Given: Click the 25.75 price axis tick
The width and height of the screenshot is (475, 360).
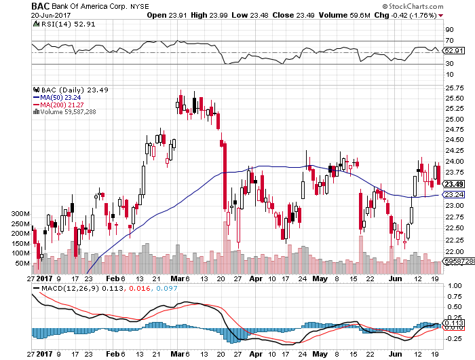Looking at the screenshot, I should click(x=453, y=88).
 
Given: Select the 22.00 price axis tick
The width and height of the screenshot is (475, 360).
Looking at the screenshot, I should click(x=453, y=252).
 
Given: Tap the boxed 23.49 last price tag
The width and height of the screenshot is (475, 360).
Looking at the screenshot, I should click(x=453, y=184).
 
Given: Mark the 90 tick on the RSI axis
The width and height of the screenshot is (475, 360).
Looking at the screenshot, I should click(x=449, y=30).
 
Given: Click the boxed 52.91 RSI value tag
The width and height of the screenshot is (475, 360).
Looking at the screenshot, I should click(x=453, y=50).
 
